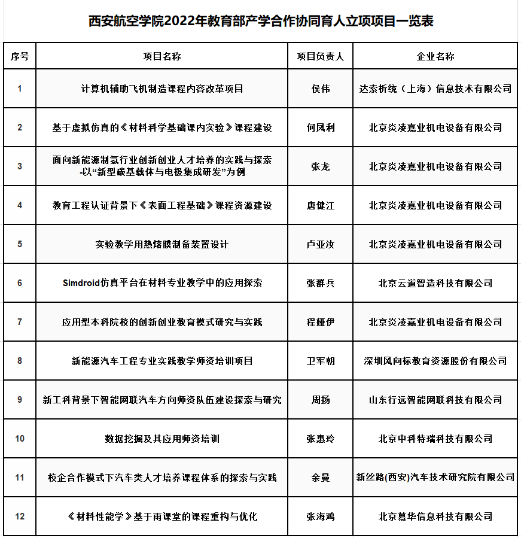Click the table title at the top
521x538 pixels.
click(x=261, y=21)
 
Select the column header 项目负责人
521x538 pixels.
click(x=321, y=56)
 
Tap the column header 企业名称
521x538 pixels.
click(x=435, y=56)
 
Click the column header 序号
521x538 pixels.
click(x=20, y=56)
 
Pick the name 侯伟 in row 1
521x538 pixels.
click(x=321, y=89)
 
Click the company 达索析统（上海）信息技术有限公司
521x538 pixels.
click(x=435, y=89)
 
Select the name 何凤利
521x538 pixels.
click(x=321, y=127)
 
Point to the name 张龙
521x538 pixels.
click(x=321, y=166)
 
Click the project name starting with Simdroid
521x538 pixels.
click(x=162, y=282)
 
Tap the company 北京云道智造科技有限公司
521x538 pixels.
click(x=435, y=282)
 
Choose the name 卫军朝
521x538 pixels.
click(x=321, y=361)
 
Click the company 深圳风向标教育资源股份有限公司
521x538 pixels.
click(x=435, y=361)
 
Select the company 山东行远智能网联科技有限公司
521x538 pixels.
click(x=435, y=400)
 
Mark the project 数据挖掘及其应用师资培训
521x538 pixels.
click(x=162, y=439)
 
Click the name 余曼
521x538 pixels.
click(x=321, y=478)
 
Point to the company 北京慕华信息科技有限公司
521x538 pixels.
click(x=435, y=516)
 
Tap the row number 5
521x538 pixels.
click(x=20, y=244)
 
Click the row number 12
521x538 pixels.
click(x=20, y=516)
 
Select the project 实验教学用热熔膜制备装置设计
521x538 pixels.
click(x=162, y=244)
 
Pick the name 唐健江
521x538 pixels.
click(x=321, y=205)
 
